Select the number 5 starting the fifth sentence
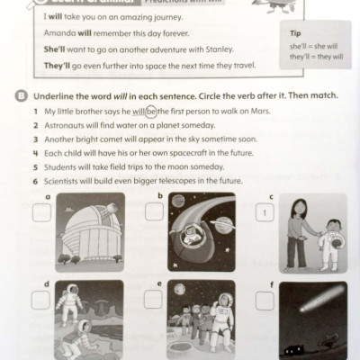[35, 166]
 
